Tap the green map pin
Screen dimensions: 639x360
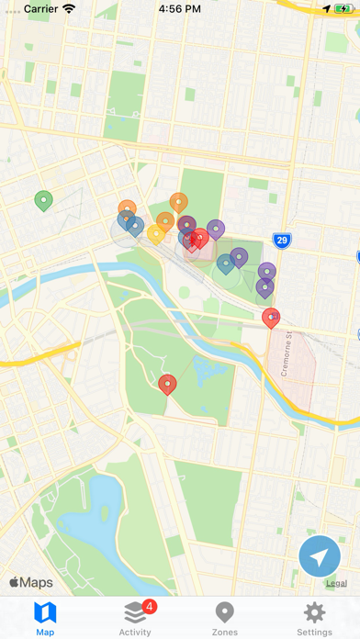click(43, 199)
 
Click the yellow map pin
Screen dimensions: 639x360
click(156, 234)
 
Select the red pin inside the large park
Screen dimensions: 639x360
click(167, 384)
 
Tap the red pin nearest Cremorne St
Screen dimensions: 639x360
click(271, 318)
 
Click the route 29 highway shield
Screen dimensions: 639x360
click(282, 241)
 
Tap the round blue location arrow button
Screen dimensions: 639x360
click(320, 556)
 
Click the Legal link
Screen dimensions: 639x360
click(336, 583)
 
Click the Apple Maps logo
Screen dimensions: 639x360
click(31, 582)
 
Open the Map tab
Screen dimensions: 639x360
click(45, 618)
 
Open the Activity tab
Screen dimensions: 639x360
click(135, 618)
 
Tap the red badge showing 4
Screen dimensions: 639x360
click(150, 607)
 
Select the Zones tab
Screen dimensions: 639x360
click(224, 618)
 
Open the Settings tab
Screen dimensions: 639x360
click(314, 618)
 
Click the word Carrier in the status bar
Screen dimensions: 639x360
click(39, 8)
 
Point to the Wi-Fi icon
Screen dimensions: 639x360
click(69, 8)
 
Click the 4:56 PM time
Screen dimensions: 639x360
click(180, 8)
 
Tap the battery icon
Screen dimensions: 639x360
click(342, 8)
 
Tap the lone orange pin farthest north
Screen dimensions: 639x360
click(179, 202)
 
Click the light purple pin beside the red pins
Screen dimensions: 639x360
click(216, 229)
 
